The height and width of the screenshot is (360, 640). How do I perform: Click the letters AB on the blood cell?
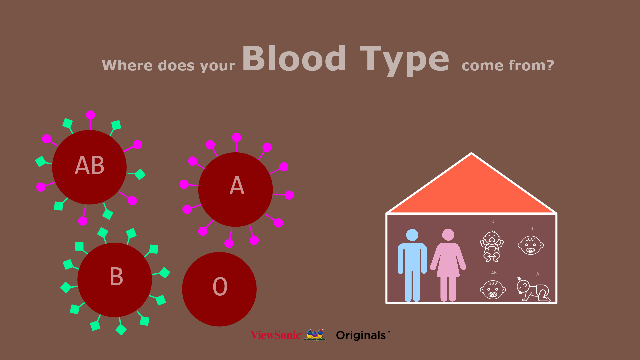90,165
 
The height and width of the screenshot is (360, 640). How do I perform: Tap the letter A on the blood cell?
237,186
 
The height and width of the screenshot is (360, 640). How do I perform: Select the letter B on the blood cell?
116,276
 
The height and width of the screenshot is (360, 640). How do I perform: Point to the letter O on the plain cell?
220,287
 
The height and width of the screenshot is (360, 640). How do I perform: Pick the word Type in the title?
404,61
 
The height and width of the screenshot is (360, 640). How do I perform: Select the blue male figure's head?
412,235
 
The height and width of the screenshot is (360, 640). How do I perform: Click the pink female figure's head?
448,235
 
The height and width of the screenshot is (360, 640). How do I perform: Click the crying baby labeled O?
492,246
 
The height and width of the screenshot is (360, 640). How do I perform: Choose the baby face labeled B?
531,245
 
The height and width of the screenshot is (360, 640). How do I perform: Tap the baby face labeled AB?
493,290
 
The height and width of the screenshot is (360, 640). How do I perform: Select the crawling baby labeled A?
533,289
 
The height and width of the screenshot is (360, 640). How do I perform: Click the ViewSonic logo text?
276,335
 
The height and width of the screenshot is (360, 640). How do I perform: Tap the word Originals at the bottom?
361,335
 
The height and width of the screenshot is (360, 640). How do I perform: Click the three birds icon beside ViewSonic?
315,334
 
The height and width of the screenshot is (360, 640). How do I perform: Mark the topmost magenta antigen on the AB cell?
90,115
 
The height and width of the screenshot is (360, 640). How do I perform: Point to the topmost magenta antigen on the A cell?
237,137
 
